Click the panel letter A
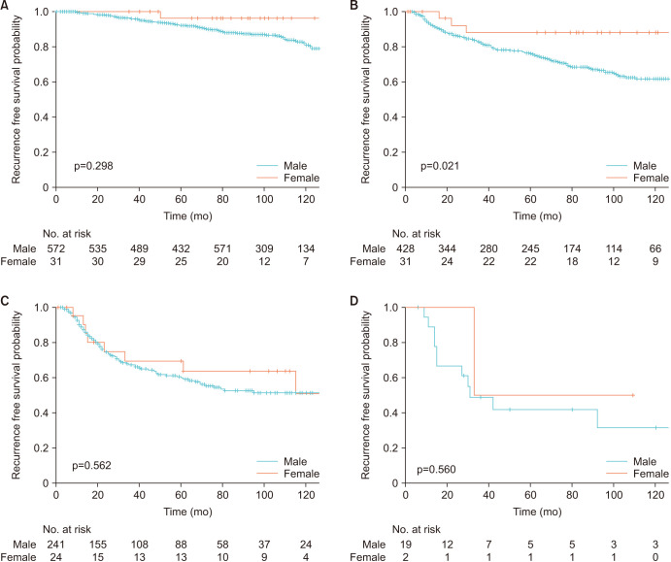click(6, 6)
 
